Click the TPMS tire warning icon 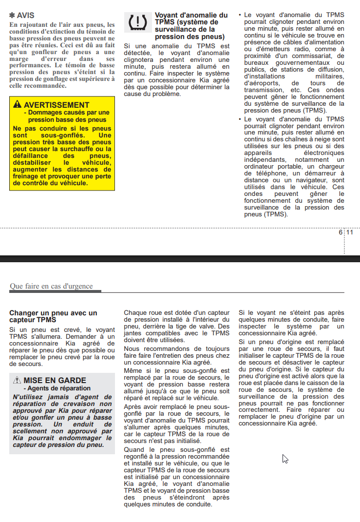click(137, 23)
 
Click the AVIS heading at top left click(25, 16)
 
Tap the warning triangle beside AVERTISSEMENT click(18, 105)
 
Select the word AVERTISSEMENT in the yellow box click(57, 105)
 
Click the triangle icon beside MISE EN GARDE click(18, 380)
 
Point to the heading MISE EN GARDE click(55, 380)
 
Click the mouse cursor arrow click(285, 459)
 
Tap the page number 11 click(350, 232)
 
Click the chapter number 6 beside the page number click(341, 232)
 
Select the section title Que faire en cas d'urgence click(51, 286)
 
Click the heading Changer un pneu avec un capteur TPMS click(53, 316)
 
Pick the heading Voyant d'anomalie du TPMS click(191, 26)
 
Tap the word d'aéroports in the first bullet click(260, 83)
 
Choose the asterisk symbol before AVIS click(12, 16)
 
